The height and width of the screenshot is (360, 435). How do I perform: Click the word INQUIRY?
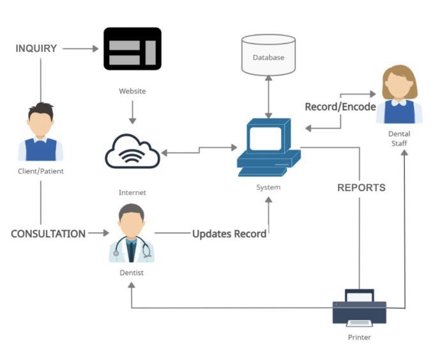click(36, 48)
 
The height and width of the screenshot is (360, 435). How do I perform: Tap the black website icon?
click(132, 49)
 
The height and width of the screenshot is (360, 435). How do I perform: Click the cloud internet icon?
click(132, 152)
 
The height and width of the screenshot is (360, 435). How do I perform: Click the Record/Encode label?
click(340, 107)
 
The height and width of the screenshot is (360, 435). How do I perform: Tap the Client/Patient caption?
click(41, 171)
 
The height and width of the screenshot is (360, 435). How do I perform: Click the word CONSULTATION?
click(48, 234)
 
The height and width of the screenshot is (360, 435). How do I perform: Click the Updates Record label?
click(229, 234)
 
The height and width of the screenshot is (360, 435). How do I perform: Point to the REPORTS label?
click(361, 188)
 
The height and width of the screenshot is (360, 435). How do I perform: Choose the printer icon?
click(360, 308)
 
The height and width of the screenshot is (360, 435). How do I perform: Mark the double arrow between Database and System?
click(268, 96)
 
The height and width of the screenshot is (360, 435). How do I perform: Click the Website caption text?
click(132, 91)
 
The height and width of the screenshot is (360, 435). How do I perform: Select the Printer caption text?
click(359, 337)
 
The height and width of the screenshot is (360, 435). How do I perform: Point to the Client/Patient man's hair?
click(41, 109)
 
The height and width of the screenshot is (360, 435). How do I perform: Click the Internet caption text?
click(132, 192)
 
